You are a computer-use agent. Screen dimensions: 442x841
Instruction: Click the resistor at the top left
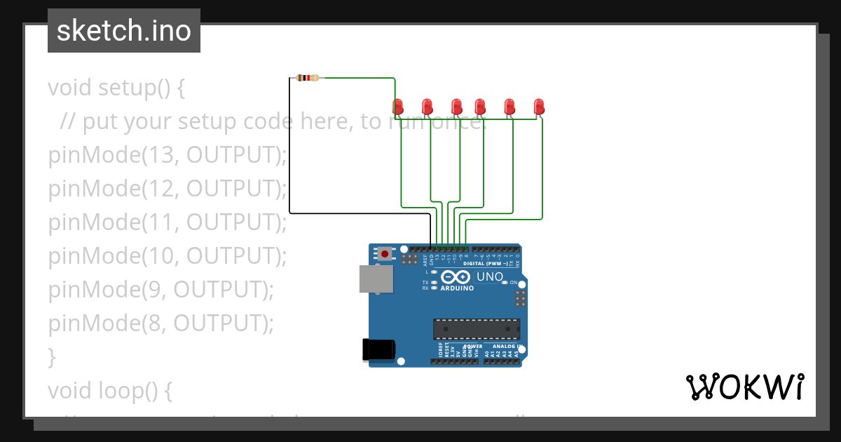point(307,78)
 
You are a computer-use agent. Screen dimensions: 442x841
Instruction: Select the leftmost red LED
point(398,107)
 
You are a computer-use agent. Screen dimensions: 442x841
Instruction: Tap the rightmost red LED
point(539,107)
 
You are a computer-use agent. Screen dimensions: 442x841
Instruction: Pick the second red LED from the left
point(428,107)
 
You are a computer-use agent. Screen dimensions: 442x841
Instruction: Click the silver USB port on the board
point(376,279)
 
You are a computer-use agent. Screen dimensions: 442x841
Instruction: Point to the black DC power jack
point(379,349)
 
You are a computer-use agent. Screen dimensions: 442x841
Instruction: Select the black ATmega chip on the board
point(477,329)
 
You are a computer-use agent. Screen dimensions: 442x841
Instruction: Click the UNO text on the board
point(489,277)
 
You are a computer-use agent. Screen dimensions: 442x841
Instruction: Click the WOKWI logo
point(744,387)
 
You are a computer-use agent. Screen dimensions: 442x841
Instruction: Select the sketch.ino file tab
point(124,31)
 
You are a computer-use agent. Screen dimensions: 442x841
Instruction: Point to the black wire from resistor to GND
point(290,154)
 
